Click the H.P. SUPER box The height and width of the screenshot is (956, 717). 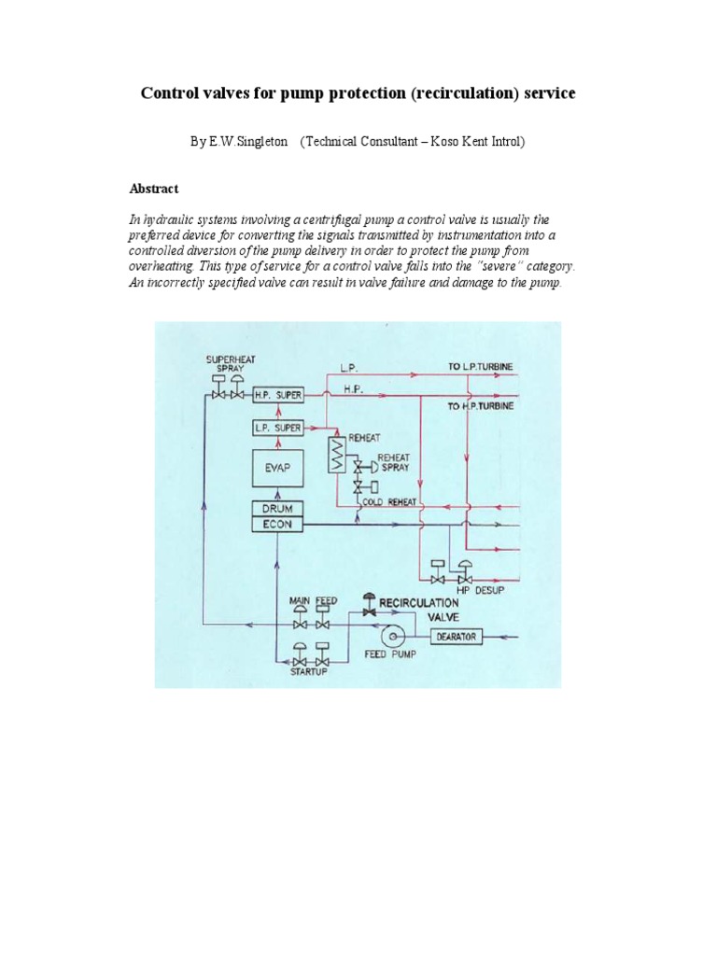pyautogui.click(x=277, y=395)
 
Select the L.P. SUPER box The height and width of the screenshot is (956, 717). pyautogui.click(x=277, y=428)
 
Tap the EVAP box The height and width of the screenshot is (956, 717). pyautogui.click(x=277, y=470)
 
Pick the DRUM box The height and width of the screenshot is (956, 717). pyautogui.click(x=277, y=509)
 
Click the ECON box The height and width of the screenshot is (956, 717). pyautogui.click(x=277, y=525)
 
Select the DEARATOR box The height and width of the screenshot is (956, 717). pyautogui.click(x=456, y=637)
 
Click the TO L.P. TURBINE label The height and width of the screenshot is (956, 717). pyautogui.click(x=481, y=367)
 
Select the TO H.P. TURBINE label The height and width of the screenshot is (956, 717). pyautogui.click(x=481, y=406)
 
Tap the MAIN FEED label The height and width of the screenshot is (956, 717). pyautogui.click(x=313, y=600)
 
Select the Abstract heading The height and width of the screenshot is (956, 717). pyautogui.click(x=153, y=189)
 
